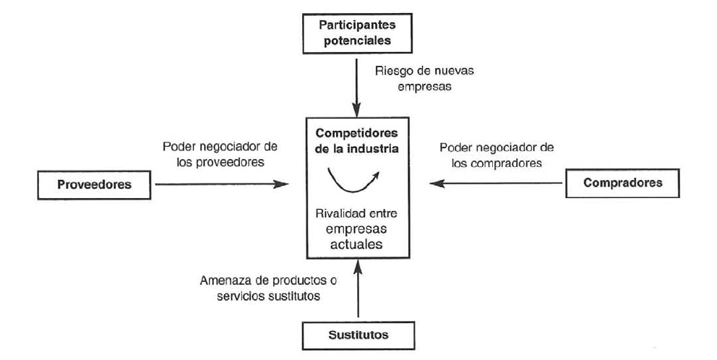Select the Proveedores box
94,184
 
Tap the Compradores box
622,183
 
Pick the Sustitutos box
358,335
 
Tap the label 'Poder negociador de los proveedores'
221,154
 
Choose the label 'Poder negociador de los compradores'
491,155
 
